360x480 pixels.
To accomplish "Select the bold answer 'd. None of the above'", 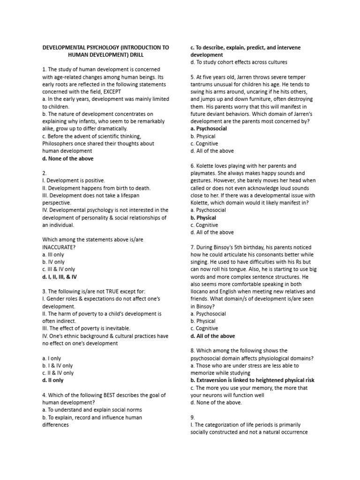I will coord(68,158).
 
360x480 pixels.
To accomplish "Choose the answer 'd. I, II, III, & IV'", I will coord(59,277).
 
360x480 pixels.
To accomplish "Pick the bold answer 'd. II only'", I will coord(53,381).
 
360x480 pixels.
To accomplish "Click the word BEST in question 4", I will coord(119,395).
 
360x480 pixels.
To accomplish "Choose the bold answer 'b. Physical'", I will coord(203,217).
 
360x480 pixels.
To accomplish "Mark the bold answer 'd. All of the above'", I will coord(213,336).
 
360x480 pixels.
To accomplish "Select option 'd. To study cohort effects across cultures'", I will coord(239,62).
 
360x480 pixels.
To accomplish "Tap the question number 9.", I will coord(193,417).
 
